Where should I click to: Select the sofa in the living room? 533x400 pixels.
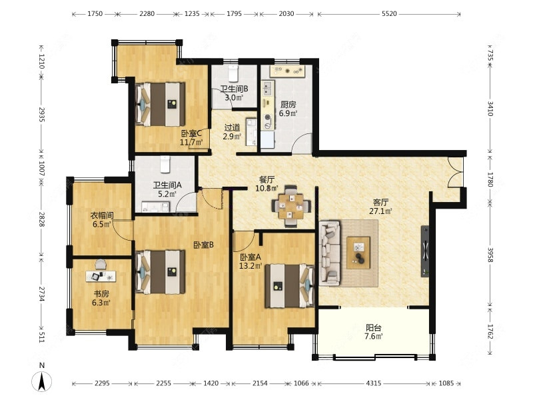329,253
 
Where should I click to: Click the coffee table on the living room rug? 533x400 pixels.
358,253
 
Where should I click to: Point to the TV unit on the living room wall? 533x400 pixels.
424,251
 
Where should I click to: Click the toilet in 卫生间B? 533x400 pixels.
233,72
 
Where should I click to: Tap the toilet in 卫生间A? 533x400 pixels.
165,164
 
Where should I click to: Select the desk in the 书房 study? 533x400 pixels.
101,276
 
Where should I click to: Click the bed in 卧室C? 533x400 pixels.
160,105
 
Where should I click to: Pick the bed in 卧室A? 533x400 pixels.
290,286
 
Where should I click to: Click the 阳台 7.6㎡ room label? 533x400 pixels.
374,332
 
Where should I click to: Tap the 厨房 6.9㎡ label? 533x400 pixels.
288,109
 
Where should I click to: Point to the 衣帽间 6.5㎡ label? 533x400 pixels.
102,220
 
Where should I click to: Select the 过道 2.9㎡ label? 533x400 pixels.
232,132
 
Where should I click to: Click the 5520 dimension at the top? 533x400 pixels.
389,13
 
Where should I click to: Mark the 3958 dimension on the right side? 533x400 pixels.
490,255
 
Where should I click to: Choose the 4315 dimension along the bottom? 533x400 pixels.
373,383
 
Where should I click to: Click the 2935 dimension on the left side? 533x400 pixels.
41,115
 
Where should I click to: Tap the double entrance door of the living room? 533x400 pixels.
455,172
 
